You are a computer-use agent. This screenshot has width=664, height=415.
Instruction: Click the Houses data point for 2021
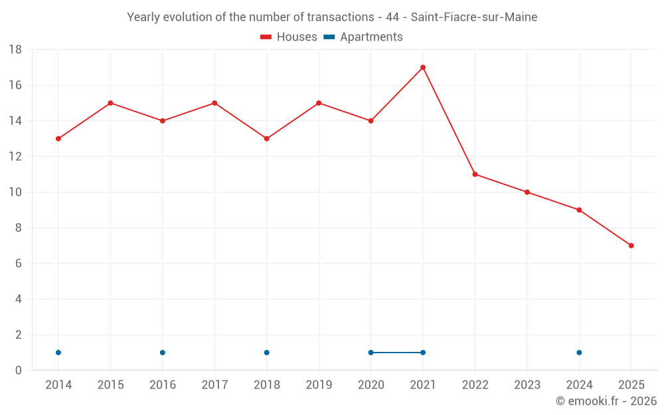coord(423,67)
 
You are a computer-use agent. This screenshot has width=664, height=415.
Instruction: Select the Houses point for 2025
coord(631,246)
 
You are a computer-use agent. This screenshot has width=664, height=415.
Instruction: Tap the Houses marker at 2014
coord(58,139)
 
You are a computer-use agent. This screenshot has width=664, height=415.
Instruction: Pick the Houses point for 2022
coord(475,174)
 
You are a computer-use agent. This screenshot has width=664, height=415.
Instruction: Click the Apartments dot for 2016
coord(163,353)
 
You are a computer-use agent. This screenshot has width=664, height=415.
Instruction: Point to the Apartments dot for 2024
coord(579,353)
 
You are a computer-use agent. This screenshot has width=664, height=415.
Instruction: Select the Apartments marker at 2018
coord(267,353)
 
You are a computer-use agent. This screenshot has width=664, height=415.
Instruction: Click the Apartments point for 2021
coord(423,353)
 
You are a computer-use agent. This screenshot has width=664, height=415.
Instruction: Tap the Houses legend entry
coord(289,37)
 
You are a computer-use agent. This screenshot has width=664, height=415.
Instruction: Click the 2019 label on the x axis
coord(319,385)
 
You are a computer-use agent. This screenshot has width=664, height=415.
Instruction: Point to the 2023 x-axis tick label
coord(527,385)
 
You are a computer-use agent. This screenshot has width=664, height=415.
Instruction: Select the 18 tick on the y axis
coord(15,50)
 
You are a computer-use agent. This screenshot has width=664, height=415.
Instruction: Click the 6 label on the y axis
coord(19,264)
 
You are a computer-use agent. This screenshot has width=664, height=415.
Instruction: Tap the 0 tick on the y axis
coord(19,371)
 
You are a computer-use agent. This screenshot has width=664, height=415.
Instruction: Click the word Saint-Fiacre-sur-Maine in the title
coord(479,17)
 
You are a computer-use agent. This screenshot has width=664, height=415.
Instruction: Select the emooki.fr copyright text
coord(606,401)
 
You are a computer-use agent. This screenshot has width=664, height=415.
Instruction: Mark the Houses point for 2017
coord(214,103)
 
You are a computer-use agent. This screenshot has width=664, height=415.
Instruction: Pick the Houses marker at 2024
coord(579,210)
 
